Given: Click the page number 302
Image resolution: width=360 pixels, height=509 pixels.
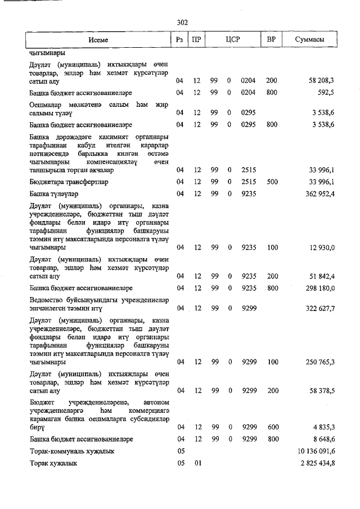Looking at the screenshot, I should point(182,22).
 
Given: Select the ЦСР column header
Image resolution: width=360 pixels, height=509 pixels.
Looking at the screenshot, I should point(233,40).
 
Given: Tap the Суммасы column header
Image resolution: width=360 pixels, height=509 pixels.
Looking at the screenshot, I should point(309,40).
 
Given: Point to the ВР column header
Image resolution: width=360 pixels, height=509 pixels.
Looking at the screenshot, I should point(272,40).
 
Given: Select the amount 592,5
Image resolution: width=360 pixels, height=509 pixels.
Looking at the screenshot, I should point(326,92).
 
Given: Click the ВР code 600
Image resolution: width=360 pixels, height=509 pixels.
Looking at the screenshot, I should point(272,427).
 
